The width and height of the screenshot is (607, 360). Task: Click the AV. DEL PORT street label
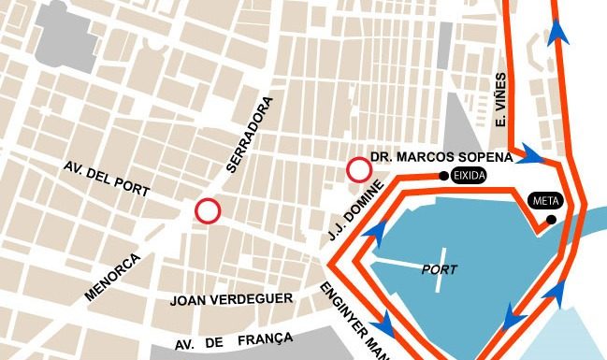(107, 178)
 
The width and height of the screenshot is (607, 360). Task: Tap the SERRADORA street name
(250, 136)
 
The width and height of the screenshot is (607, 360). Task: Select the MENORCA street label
(112, 276)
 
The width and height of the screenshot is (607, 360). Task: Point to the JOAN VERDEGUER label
(232, 300)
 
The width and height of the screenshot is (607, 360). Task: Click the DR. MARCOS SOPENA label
(441, 156)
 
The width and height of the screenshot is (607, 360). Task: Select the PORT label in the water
(440, 269)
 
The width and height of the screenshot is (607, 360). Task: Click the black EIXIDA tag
(468, 175)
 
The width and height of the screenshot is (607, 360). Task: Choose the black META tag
(543, 200)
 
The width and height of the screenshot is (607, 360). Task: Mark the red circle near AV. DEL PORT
(208, 211)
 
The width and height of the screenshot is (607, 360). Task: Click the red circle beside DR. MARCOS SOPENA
(359, 170)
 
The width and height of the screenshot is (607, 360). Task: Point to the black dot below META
(552, 220)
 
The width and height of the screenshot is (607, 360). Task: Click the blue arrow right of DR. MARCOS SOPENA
(534, 152)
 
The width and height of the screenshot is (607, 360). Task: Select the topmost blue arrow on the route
(559, 32)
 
